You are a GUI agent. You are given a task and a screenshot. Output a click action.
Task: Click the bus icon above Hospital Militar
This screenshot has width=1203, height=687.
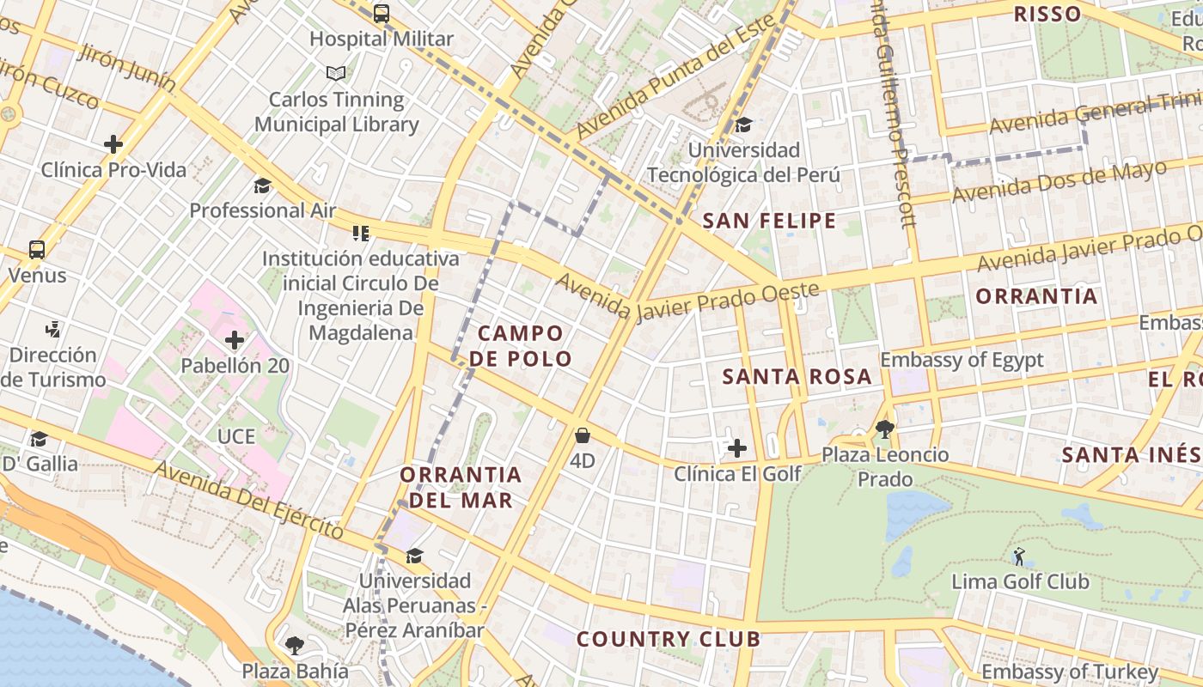381,14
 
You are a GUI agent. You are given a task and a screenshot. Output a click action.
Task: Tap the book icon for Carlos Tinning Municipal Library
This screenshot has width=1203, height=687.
336,74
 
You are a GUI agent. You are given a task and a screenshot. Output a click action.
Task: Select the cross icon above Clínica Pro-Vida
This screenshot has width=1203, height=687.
113,144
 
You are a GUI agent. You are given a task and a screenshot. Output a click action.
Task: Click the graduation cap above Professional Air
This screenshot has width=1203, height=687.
262,185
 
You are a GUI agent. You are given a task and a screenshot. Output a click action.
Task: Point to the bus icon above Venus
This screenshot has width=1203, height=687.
37,250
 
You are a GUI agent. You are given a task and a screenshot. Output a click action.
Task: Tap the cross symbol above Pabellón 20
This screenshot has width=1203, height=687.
235,341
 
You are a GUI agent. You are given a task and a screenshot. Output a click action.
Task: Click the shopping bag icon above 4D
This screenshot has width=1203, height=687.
582,435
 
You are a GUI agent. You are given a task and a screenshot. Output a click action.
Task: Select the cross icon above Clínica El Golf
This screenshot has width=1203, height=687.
736,448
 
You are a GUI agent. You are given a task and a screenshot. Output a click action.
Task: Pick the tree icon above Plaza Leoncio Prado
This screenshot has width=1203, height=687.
885,429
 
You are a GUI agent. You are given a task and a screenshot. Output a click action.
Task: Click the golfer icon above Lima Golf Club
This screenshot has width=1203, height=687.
1019,556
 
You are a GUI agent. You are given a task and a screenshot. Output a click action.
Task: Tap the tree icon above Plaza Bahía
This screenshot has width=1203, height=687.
295,645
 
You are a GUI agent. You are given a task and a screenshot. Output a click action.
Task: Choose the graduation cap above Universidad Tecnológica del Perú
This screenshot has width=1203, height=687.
743,125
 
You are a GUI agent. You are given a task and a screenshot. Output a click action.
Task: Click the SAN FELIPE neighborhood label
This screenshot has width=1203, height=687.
769,221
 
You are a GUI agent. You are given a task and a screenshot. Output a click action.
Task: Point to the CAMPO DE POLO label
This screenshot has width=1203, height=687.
522,346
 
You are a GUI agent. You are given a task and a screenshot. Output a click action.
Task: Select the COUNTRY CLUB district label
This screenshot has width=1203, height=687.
668,639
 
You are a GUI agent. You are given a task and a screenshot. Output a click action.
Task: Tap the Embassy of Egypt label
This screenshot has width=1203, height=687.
962,360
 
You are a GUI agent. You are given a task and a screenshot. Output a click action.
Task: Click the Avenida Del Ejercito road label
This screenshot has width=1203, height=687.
249,507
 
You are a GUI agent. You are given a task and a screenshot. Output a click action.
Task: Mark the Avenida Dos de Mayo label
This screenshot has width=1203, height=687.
1058,181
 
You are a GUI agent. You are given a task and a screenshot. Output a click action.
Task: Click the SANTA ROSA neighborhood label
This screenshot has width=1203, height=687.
797,376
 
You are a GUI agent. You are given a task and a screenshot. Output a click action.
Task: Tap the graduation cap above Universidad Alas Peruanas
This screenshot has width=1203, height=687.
414,556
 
